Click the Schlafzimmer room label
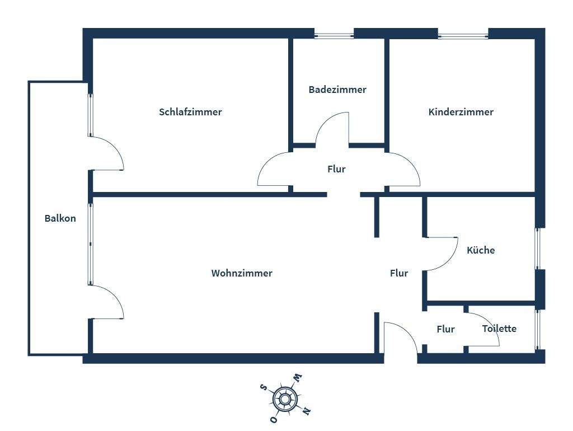point(190,112)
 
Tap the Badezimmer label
point(337,90)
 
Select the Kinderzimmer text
point(461,112)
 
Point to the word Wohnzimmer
point(242,273)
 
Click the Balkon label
point(60,218)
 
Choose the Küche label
point(481,250)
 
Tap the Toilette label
point(499,329)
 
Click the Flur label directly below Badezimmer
point(336,169)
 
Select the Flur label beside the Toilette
point(445,329)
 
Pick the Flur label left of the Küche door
point(399,273)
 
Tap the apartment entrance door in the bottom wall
point(401,338)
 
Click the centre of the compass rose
point(285,399)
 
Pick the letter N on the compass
point(306,411)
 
